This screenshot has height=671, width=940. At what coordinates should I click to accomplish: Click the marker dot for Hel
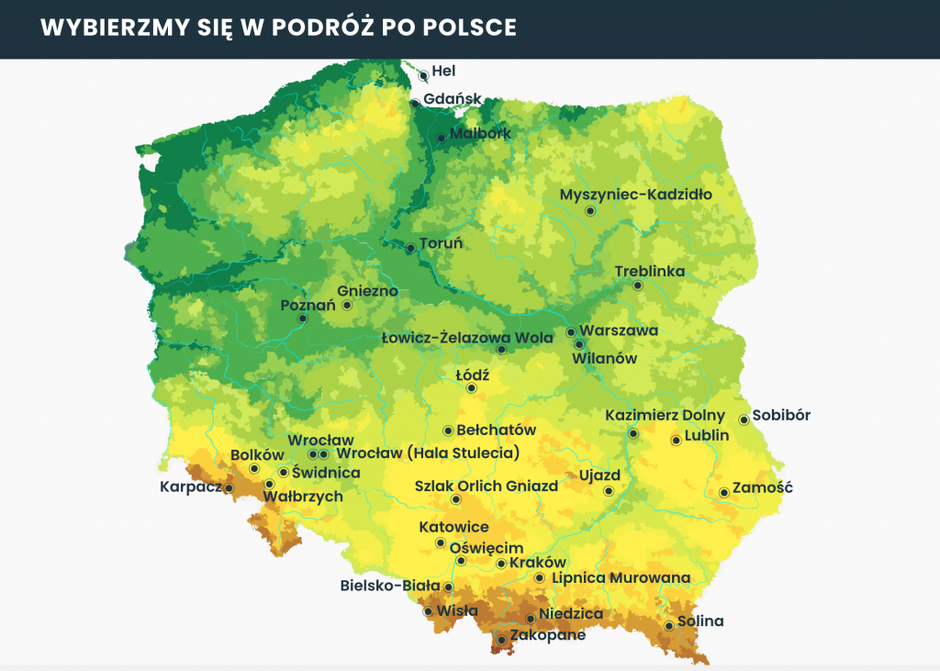pos(423,76)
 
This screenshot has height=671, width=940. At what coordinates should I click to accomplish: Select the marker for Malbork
pos(442,139)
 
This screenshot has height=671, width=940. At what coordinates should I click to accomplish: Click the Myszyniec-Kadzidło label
pos(635,195)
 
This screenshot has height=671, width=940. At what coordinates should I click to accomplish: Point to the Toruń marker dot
pos(410,248)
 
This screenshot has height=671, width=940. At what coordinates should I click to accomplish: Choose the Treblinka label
pos(650,272)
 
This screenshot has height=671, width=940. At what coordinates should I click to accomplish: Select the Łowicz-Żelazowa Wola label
pos(467,338)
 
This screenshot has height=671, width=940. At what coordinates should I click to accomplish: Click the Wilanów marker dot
pos(579,344)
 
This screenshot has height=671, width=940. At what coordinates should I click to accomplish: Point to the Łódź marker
pos(472,388)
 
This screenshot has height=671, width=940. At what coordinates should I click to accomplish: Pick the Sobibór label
pos(781,415)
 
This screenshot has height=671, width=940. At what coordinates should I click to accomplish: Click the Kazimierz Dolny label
pos(665,416)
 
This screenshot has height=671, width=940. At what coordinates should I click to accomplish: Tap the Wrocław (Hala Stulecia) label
pos(428,453)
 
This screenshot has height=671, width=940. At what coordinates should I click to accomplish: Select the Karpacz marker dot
pos(229,488)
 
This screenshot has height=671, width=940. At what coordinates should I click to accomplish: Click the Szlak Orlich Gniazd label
pos(486,486)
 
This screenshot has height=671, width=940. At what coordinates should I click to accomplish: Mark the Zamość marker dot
pos(724,493)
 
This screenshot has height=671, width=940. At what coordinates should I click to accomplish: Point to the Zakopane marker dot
pos(501,640)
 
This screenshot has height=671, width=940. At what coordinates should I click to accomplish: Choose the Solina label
pos(700,621)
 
